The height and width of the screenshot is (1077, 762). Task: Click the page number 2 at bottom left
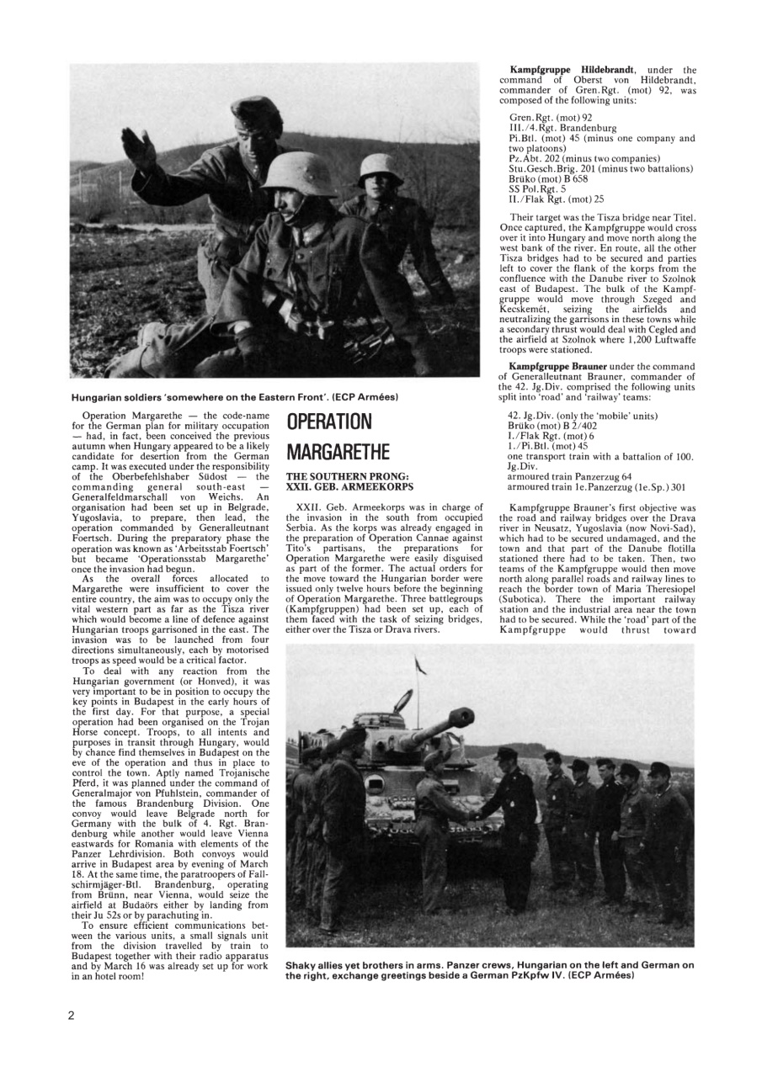click(x=72, y=1015)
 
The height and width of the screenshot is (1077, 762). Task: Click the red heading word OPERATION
click(x=329, y=422)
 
